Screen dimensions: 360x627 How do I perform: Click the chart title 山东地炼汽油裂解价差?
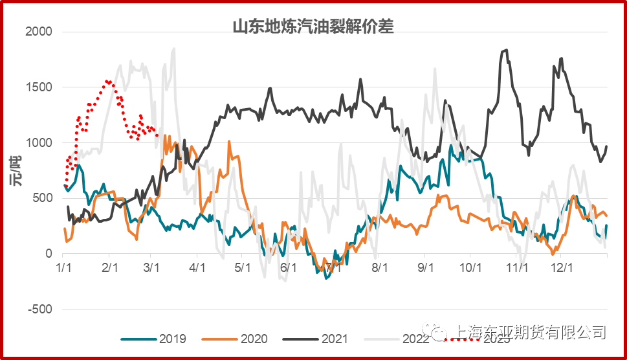(x=313, y=27)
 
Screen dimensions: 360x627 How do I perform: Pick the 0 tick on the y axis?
(x=49, y=254)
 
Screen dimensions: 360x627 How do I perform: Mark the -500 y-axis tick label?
(x=40, y=309)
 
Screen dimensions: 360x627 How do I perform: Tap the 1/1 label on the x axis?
(x=63, y=267)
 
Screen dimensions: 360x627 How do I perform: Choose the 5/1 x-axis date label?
(x=241, y=267)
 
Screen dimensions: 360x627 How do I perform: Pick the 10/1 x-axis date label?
(x=470, y=267)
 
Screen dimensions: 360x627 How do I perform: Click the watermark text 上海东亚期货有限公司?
(x=530, y=332)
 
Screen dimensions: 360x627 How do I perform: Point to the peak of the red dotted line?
(x=107, y=81)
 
